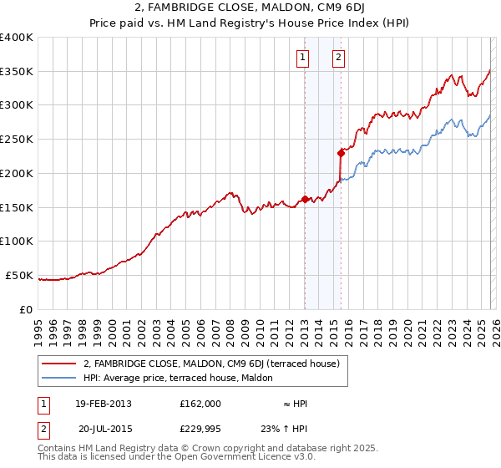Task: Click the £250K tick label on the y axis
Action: click(x=17, y=139)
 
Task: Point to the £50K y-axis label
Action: click(x=19, y=275)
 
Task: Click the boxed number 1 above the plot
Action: click(x=301, y=58)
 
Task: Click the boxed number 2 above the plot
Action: click(x=338, y=58)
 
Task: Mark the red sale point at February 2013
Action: click(x=305, y=199)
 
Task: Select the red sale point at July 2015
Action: click(x=341, y=153)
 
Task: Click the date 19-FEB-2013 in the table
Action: click(x=103, y=404)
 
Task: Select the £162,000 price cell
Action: click(x=200, y=404)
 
